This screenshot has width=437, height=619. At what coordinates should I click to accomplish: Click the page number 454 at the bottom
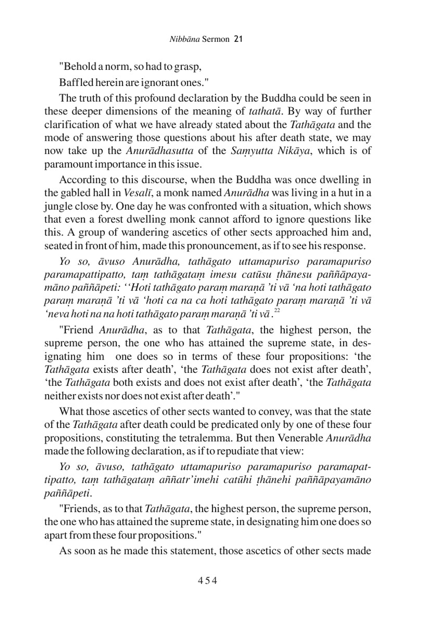(x=208, y=580)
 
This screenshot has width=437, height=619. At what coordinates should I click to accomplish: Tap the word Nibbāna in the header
(x=184, y=39)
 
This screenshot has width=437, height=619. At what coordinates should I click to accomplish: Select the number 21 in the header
(x=238, y=39)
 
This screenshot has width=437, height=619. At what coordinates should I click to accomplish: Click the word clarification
(x=72, y=125)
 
